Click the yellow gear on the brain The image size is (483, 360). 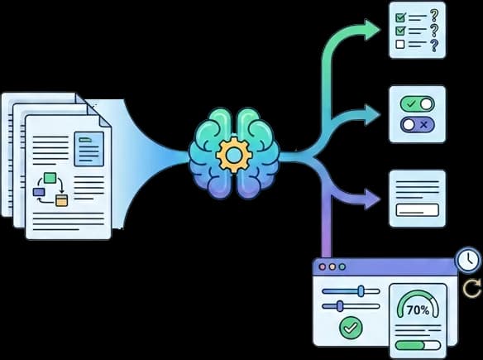[234, 155]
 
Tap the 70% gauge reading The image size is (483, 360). [418, 310]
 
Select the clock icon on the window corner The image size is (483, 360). [468, 260]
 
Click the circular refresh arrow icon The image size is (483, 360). [472, 288]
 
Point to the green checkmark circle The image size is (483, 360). [351, 328]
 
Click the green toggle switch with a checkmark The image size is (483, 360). [418, 104]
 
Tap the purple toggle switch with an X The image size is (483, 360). [418, 125]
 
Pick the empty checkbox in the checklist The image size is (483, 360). [399, 45]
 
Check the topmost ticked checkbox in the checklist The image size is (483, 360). [400, 17]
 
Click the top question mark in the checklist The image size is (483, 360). [434, 16]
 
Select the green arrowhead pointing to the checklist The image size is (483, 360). [372, 30]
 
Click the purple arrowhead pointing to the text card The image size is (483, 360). [372, 199]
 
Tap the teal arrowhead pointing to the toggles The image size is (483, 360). [372, 115]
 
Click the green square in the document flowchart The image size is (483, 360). [50, 178]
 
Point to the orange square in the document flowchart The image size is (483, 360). [61, 200]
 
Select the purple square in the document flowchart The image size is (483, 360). [39, 192]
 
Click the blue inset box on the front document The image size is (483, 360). [89, 149]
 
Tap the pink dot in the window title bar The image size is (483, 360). [323, 267]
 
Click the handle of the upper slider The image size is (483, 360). [361, 291]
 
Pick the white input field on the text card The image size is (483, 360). [418, 210]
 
